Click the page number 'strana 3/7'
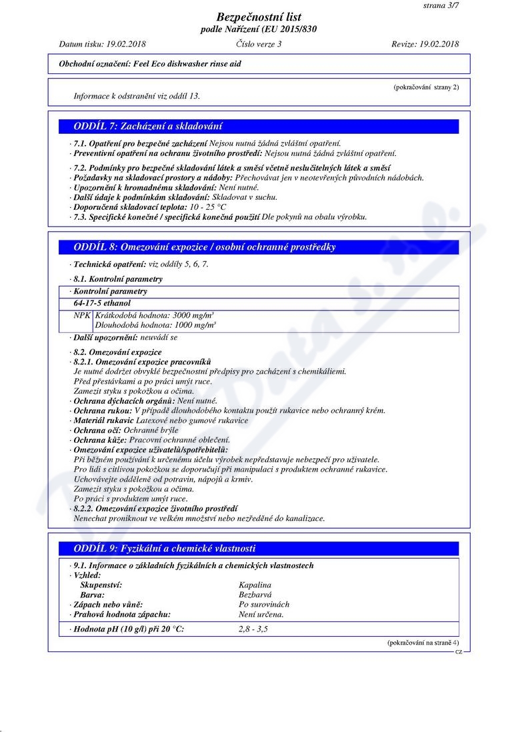(441, 5)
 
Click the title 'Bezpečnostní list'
(259, 17)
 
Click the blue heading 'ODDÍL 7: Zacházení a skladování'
(148, 126)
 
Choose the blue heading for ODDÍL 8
(205, 247)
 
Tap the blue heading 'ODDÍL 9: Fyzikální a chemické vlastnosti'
(165, 549)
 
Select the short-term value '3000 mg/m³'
(193, 315)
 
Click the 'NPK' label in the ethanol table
(82, 315)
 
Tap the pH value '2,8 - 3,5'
(253, 629)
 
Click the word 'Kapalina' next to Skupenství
(255, 585)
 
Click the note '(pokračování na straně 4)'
(423, 643)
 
